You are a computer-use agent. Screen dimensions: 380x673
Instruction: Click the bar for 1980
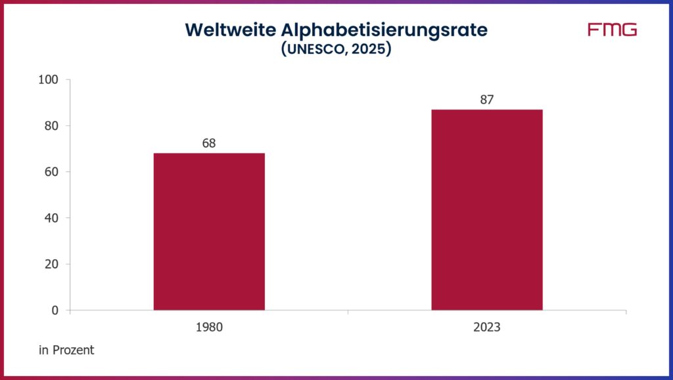point(209,231)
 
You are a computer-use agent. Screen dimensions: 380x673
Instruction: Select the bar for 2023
point(486,209)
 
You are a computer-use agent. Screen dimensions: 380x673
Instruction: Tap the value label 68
point(209,143)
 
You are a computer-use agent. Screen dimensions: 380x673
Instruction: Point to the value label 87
point(486,100)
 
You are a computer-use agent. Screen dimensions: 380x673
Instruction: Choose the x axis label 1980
point(209,327)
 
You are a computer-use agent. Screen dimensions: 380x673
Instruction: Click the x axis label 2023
point(486,327)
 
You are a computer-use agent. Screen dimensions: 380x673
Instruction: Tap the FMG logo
point(612,30)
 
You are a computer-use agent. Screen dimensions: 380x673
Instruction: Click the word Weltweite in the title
point(223,30)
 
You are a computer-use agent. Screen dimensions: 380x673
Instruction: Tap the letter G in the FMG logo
point(629,30)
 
